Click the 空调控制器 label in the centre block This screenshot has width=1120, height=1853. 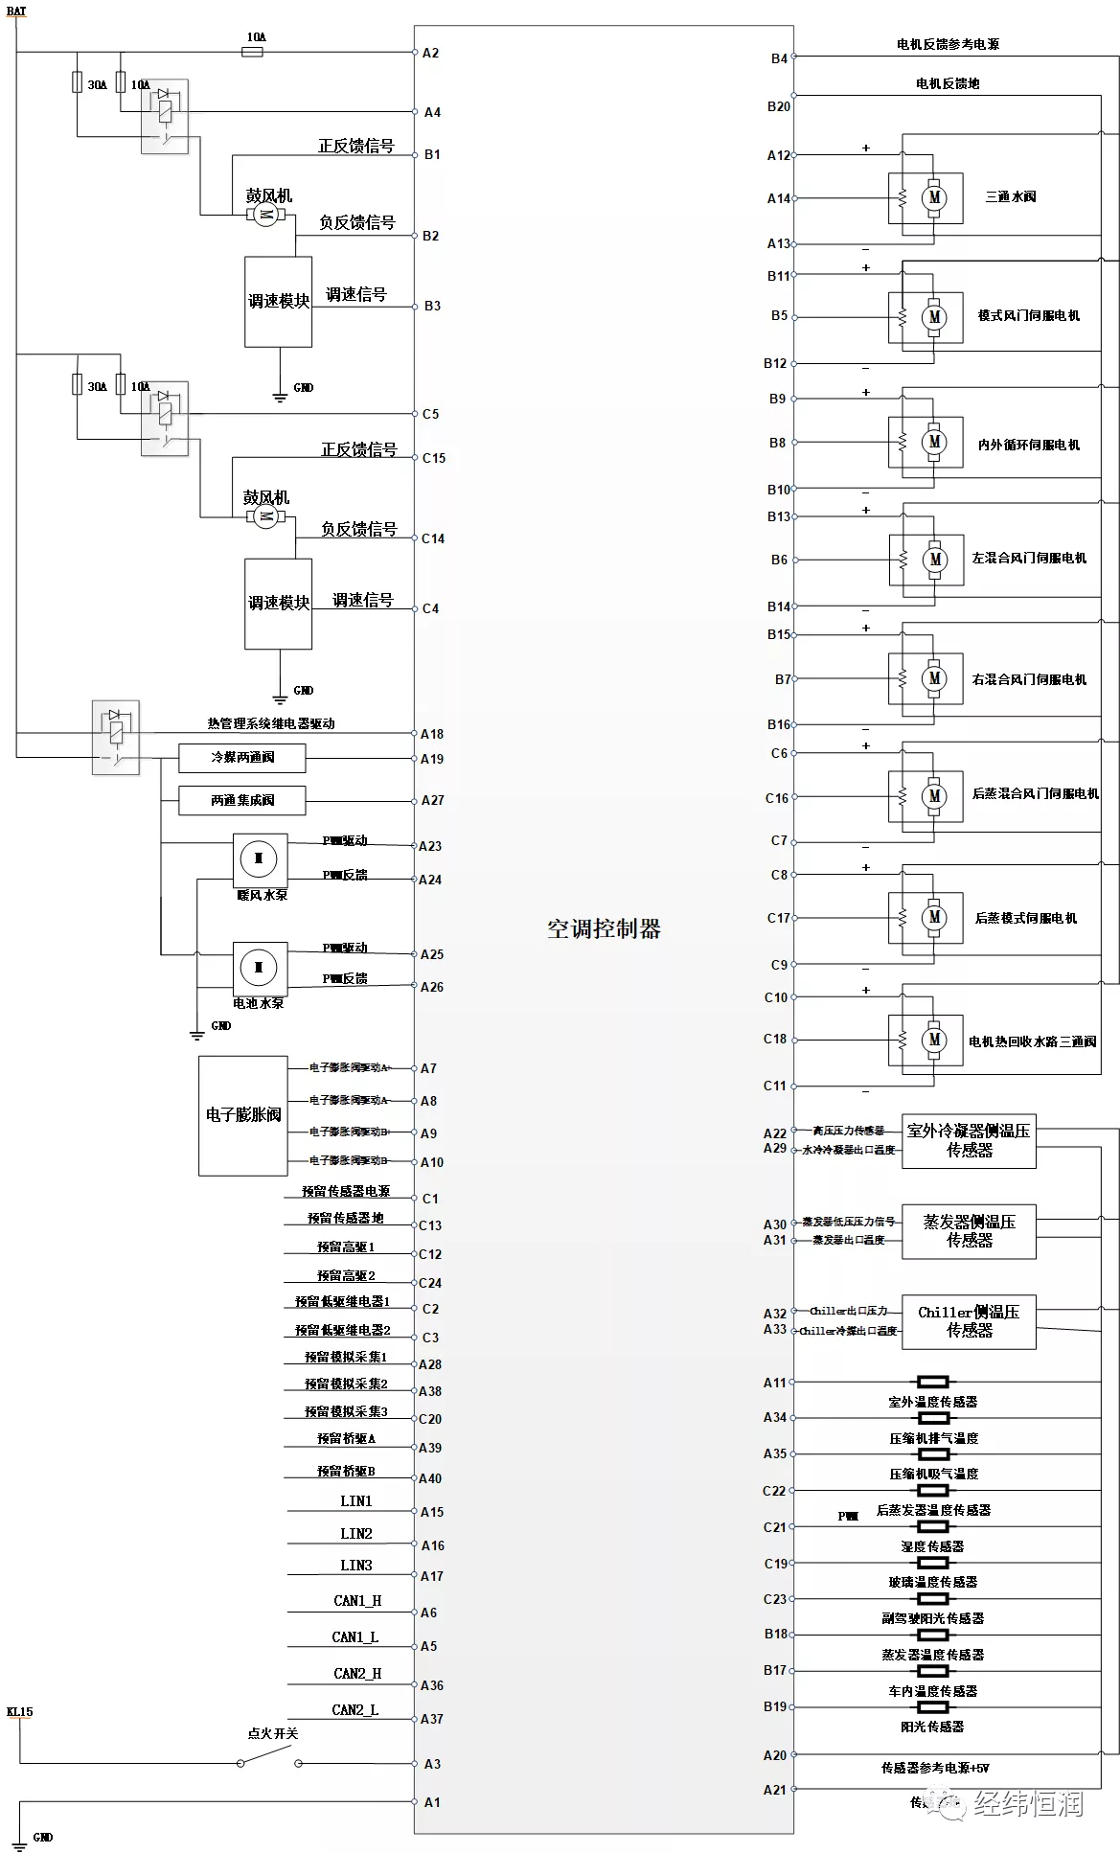pos(604,928)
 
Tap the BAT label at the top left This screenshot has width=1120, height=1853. pos(16,11)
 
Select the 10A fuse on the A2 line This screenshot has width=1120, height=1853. pos(253,52)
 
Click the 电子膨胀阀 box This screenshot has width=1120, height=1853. pos(243,1115)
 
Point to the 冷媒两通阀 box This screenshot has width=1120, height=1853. pos(242,758)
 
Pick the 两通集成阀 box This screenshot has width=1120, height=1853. pos(242,800)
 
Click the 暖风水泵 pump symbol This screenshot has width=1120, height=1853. pos(259,858)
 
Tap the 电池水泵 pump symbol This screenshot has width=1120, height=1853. pos(259,968)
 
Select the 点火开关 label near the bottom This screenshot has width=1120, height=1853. pos(273,1732)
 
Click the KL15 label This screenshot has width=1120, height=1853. pos(19,1711)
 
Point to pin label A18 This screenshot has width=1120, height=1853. pos(432,734)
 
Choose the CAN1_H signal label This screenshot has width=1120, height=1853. pos(357,1600)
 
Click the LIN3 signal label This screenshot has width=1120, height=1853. pos(355,1565)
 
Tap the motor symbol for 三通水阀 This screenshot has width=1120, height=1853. pos(933,198)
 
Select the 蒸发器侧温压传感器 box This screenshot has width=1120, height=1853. pos(969,1231)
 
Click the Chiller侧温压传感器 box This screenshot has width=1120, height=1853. pos(969,1321)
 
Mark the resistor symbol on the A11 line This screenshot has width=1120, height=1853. pos(932,1382)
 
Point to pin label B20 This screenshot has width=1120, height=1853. pos(779,106)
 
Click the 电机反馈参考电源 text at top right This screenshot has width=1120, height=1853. pos(948,44)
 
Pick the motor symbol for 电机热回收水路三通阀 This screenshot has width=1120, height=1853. pos(933,1040)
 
